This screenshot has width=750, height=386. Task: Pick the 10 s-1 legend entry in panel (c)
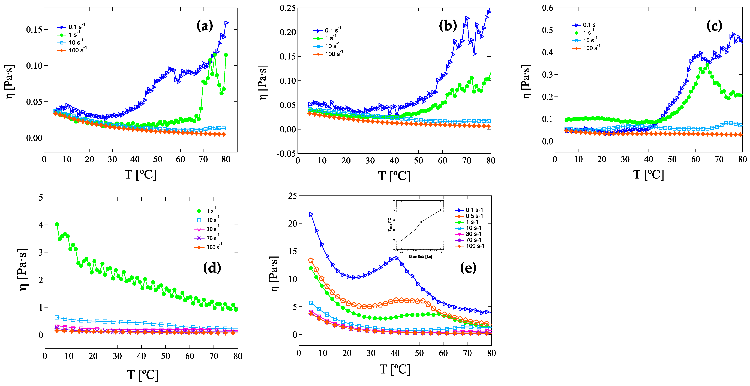[x=585, y=40]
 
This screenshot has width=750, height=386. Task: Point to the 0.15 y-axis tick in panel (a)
[x=34, y=29]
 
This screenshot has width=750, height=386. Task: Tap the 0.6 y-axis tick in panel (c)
[x=547, y=8]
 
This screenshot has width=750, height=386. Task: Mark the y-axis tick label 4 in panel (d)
[x=41, y=225]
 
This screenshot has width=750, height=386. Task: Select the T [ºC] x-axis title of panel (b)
[x=394, y=176]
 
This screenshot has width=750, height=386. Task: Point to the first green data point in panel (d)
[x=57, y=224]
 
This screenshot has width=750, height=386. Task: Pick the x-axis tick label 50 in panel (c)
[x=672, y=159]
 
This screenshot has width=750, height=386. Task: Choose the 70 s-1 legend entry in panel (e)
[x=469, y=240]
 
